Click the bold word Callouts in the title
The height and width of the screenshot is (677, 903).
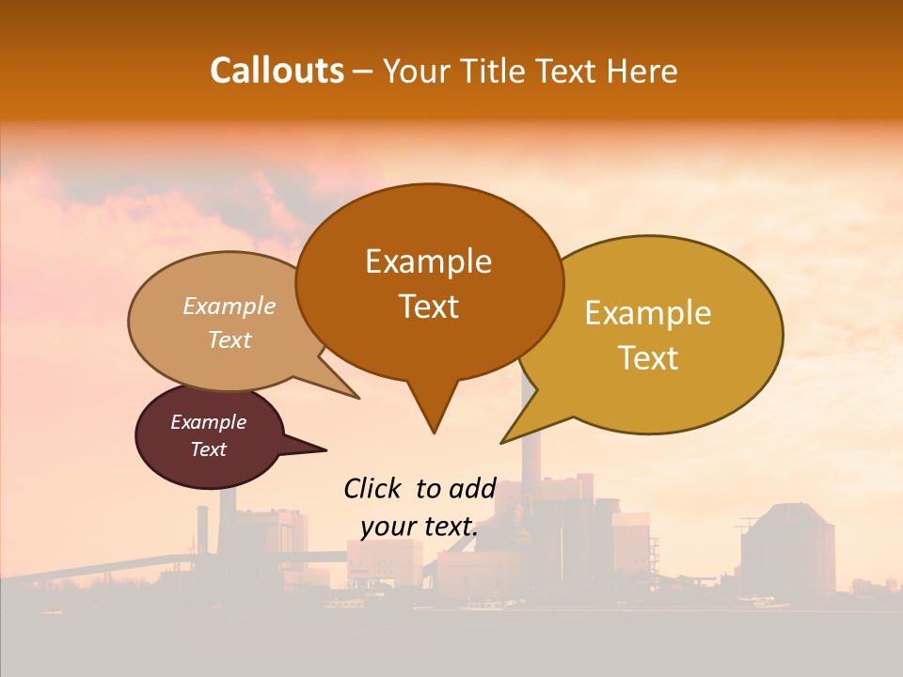click(x=277, y=71)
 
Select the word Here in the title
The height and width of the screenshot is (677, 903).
click(x=643, y=71)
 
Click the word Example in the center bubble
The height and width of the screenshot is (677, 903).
click(x=429, y=261)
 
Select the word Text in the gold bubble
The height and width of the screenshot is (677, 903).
click(x=649, y=358)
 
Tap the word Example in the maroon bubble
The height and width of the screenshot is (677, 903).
click(x=209, y=422)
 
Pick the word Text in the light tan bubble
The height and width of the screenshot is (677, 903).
click(x=230, y=340)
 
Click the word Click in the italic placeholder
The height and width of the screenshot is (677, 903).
click(x=372, y=488)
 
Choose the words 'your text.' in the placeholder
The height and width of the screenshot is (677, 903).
click(x=420, y=527)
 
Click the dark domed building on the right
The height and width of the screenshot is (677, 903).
click(x=787, y=550)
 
